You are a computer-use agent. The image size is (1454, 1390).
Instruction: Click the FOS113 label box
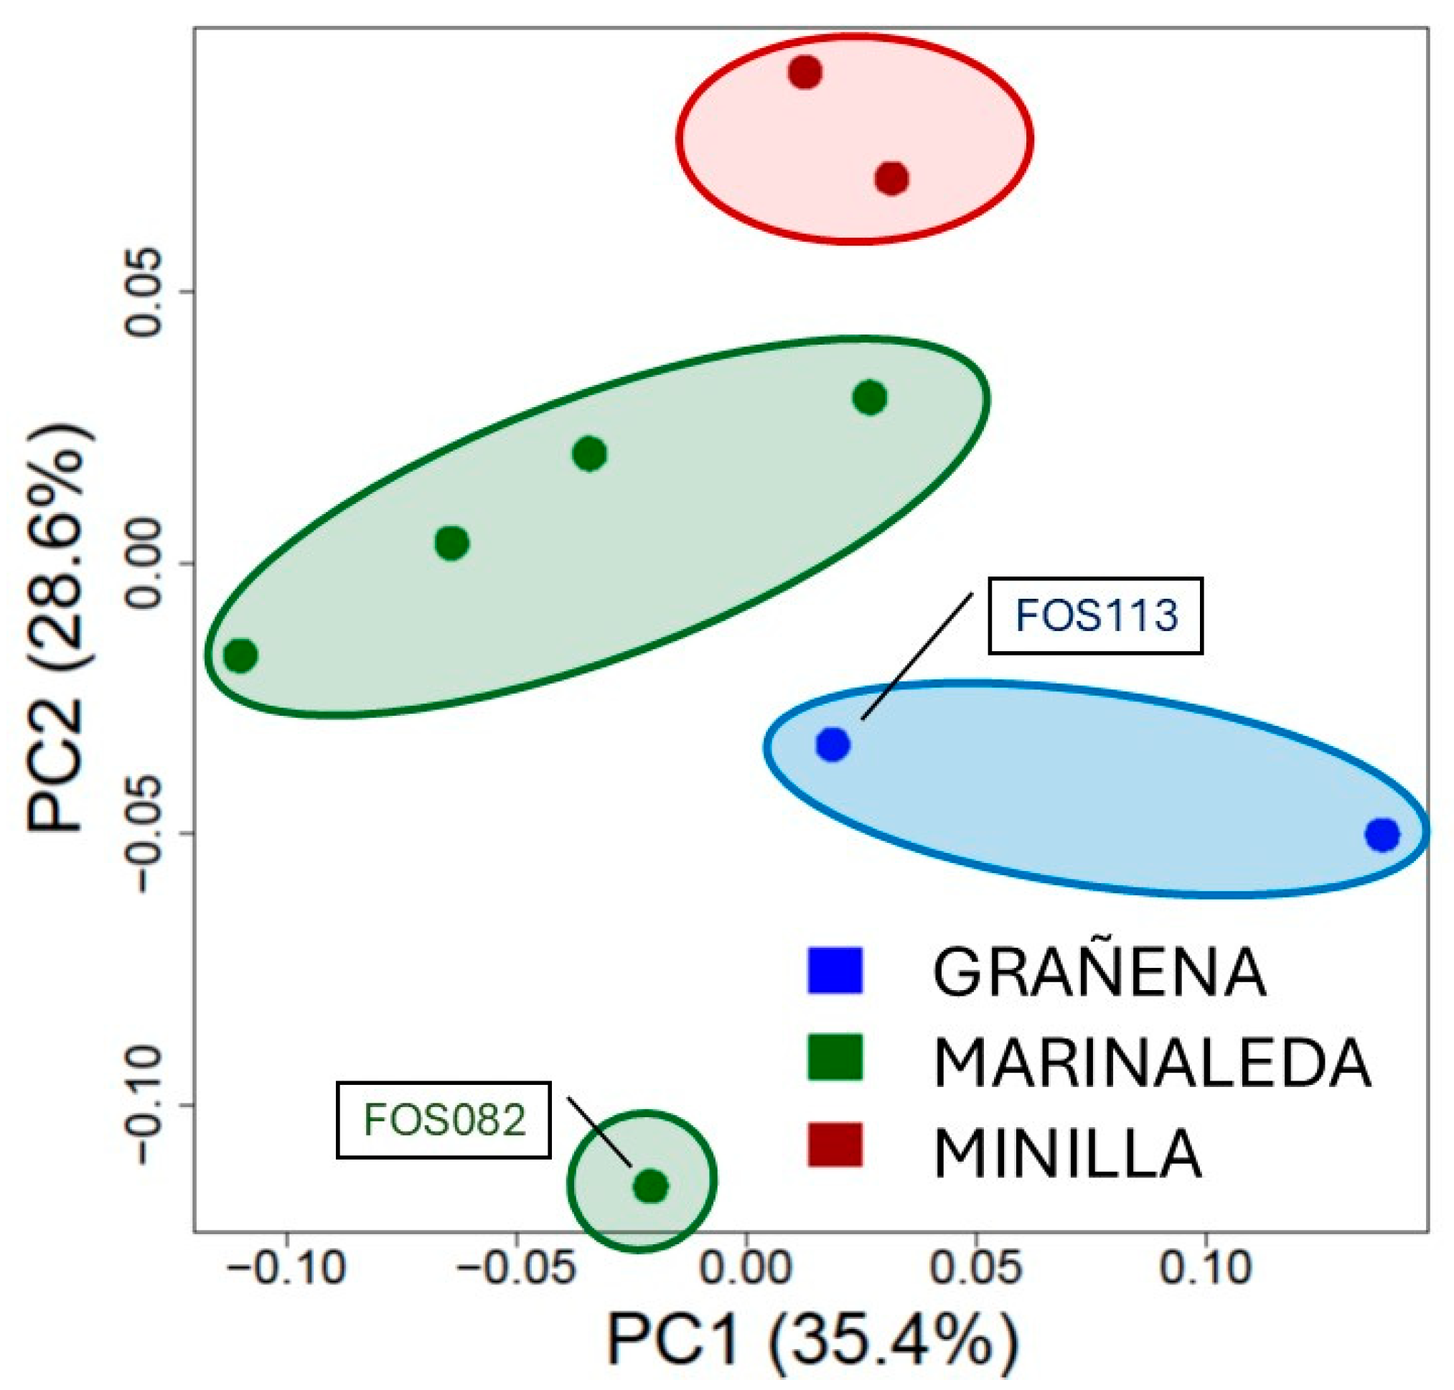pos(1094,616)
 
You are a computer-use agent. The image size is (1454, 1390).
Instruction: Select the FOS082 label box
pos(443,1119)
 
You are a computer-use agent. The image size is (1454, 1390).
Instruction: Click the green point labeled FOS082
pos(651,1186)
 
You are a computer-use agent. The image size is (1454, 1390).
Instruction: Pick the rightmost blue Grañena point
pos(1382,835)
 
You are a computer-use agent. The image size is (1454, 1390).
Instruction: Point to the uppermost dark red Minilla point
pos(805,72)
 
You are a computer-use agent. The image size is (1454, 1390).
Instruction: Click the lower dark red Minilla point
pos(892,179)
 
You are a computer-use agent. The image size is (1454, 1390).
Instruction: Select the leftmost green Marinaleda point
pos(240,655)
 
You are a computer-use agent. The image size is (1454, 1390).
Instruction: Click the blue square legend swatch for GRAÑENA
pos(835,970)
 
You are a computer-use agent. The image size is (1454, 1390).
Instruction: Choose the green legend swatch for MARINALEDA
pos(835,1057)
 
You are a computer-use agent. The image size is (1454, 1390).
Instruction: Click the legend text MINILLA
pos(1066,1153)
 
